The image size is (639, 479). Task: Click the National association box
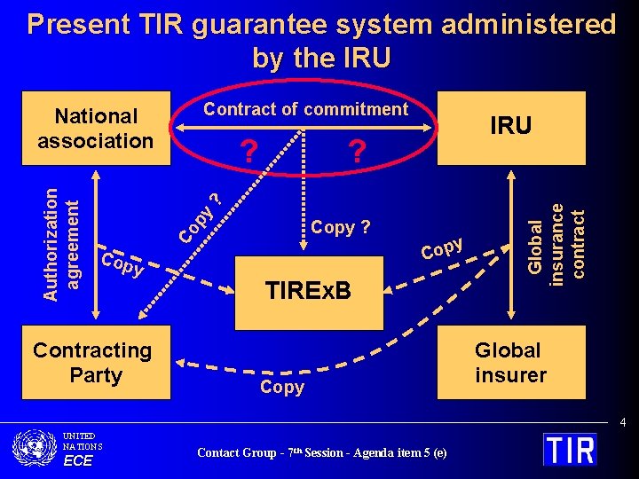[96, 129]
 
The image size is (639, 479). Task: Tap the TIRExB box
[308, 290]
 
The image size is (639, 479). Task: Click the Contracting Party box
[92, 363]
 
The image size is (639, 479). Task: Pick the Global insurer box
[510, 363]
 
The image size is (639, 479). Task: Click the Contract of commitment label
[305, 109]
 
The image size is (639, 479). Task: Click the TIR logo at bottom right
[570, 449]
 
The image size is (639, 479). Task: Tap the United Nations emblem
[35, 447]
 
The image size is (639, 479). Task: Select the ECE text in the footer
[77, 460]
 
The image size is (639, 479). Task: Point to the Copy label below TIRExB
[282, 387]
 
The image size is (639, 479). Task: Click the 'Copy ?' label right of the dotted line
[341, 227]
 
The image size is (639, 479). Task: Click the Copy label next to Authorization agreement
[122, 264]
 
